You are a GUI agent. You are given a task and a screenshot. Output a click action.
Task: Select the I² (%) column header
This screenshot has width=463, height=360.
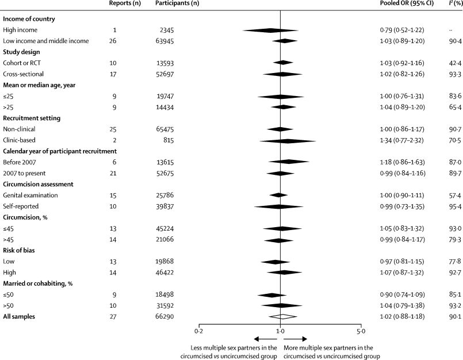pyautogui.click(x=450, y=5)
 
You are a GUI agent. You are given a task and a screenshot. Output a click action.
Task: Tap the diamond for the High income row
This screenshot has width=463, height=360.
pyautogui.click(x=270, y=30)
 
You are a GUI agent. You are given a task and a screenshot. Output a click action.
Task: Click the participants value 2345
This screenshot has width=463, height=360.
pyautogui.click(x=173, y=30)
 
